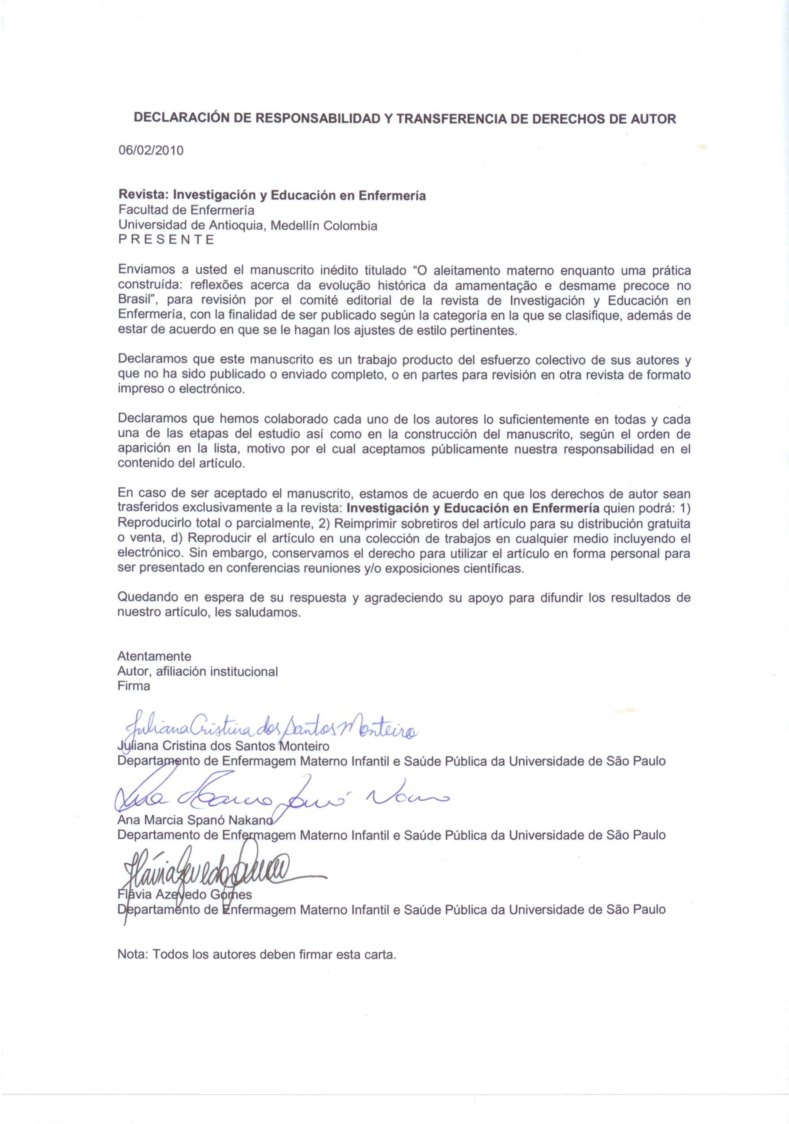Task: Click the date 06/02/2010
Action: [x=151, y=150]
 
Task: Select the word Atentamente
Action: [x=154, y=656]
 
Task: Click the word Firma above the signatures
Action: [x=134, y=686]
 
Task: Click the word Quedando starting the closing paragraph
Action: [x=147, y=598]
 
